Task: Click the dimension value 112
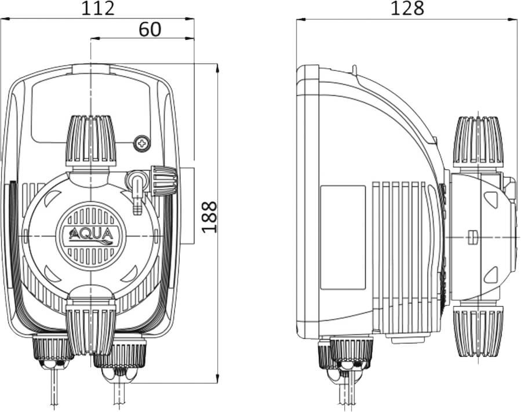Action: point(98,8)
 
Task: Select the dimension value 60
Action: point(150,29)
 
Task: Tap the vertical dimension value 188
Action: point(210,217)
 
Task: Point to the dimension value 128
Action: point(407,8)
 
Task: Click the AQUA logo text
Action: point(91,235)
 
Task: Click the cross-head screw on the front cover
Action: point(142,144)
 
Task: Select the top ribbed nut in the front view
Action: point(91,141)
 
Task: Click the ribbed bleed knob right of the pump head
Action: point(163,181)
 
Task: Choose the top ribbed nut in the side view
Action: point(478,142)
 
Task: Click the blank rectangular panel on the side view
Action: point(343,238)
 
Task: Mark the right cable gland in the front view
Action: point(119,359)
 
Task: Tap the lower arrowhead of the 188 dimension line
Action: point(217,379)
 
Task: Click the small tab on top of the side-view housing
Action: point(355,69)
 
